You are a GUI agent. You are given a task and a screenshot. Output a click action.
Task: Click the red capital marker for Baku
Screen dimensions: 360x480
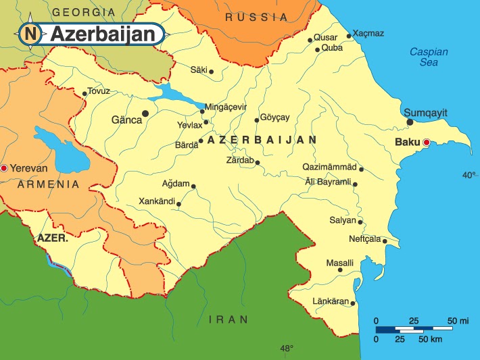coord(426,143)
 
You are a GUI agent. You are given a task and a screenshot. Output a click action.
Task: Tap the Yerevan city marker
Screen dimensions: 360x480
coord(4,168)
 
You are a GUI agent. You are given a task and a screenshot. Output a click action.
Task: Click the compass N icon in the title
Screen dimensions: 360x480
coord(29,33)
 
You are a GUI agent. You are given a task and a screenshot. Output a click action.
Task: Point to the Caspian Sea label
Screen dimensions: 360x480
coord(424,57)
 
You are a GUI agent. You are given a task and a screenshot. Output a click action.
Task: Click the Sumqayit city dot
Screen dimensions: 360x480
coord(410,122)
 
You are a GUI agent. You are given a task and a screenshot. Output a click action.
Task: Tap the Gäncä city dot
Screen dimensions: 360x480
coord(145,113)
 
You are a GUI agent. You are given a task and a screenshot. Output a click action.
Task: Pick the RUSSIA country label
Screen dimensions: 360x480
coord(252,17)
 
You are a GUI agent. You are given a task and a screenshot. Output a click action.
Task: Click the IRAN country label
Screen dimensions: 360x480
coord(228,319)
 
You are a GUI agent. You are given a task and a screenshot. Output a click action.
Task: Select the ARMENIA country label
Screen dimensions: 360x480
coord(49,184)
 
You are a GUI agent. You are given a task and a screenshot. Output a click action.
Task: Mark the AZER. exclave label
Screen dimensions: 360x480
coord(52,238)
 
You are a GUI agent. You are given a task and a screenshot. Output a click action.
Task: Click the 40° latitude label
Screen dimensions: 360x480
coord(469,175)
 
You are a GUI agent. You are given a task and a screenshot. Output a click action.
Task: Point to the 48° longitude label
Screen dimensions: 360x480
coord(287,349)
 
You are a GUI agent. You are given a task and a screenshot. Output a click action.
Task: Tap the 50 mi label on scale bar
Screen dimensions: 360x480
coord(457,319)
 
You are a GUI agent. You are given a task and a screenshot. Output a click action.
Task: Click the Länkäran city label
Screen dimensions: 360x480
coord(330,301)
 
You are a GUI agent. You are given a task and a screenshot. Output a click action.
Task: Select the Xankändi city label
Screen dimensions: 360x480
coord(156,201)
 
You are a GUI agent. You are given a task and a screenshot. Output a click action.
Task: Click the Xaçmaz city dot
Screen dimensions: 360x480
coord(349,36)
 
